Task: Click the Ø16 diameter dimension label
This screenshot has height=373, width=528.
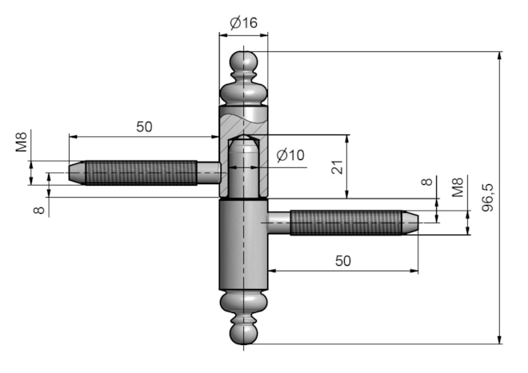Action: point(243,23)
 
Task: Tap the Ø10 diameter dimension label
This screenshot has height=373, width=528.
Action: point(290,155)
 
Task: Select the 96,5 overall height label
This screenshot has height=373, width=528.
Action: point(487,198)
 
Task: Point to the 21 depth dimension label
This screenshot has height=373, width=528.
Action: point(337,167)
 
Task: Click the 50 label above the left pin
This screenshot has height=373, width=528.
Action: point(144,126)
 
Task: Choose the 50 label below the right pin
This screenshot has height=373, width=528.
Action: point(342,261)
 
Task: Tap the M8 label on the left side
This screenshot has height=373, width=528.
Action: point(22,142)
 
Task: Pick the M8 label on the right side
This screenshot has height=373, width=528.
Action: point(458,187)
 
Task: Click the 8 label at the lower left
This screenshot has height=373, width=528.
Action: point(39,211)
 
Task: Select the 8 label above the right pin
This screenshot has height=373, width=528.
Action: point(426,182)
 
